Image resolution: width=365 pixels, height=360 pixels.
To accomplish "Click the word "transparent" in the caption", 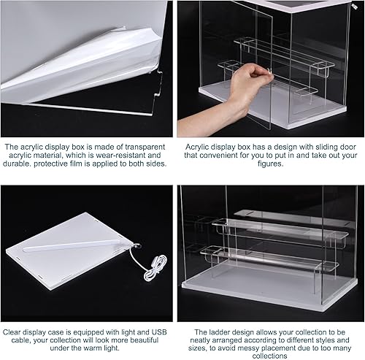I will click(137, 146).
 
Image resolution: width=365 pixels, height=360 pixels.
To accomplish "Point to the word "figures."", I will click(271, 164).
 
